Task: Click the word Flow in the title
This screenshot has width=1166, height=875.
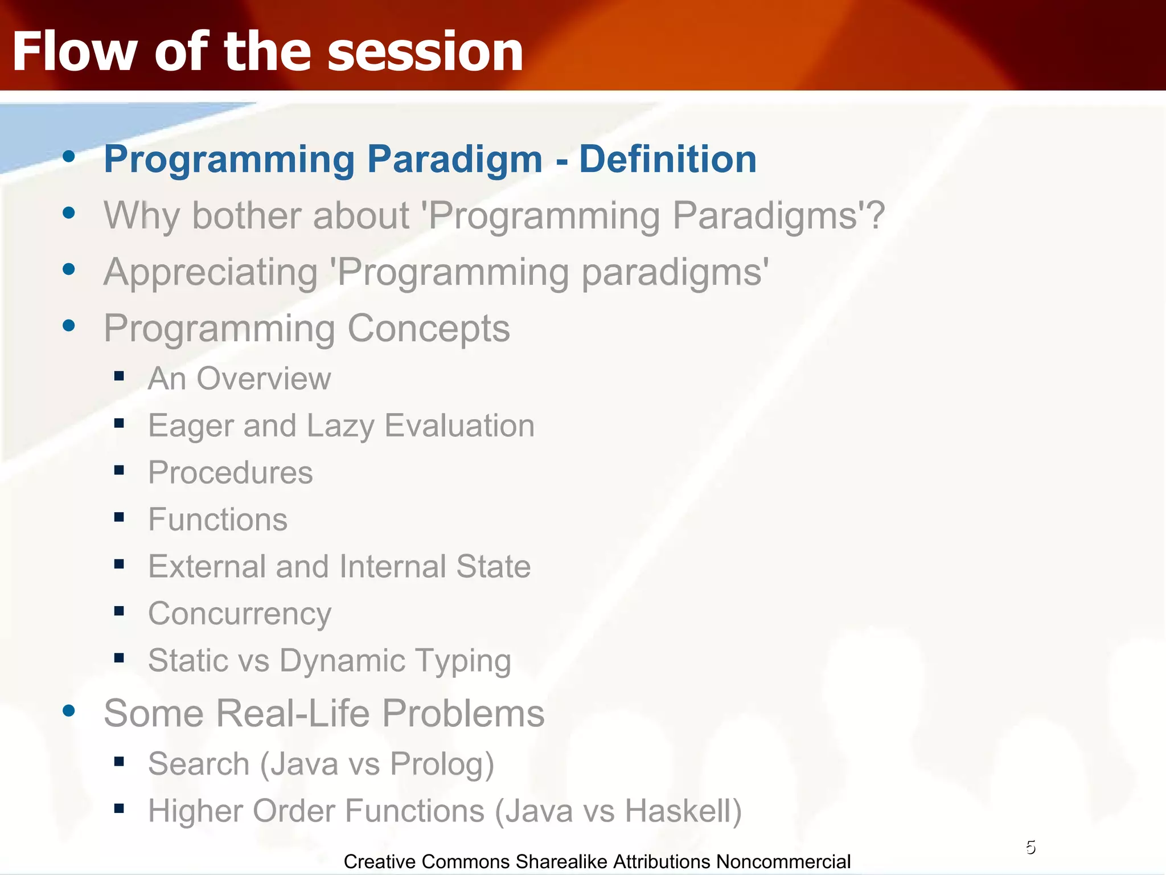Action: coord(75,52)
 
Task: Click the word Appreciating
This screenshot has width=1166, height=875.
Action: coord(211,272)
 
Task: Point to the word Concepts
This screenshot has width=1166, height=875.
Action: coord(428,329)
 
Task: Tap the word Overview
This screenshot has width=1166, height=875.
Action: coord(264,379)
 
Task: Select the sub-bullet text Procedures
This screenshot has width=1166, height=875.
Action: coord(230,473)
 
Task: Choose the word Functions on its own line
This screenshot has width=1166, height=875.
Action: coord(217,520)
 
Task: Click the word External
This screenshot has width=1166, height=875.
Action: coord(207,567)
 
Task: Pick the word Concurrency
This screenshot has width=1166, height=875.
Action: coord(239,614)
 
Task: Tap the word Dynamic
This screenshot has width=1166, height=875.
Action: coord(342,661)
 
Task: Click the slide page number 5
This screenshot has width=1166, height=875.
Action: coord(1030,848)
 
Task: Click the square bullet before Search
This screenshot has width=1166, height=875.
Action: coord(119,762)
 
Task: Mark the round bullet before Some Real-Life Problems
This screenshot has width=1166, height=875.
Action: coord(69,710)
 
